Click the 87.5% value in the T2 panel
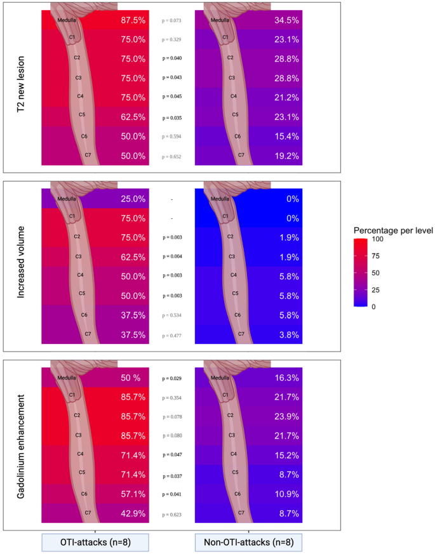[133, 20]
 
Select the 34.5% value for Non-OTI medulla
[286, 20]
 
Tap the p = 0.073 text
[171, 20]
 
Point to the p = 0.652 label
[171, 156]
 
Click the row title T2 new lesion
[22, 88]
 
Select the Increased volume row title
[22, 266]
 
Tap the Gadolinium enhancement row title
[22, 444]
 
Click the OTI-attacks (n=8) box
[95, 543]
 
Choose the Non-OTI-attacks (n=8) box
[248, 543]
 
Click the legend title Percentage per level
[393, 230]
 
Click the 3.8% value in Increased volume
[286, 334]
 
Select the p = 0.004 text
[171, 257]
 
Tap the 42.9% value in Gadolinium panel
[133, 513]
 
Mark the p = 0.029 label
[171, 378]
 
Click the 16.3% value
[286, 378]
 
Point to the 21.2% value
[286, 97]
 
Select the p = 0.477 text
[171, 334]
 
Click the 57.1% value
[133, 494]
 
